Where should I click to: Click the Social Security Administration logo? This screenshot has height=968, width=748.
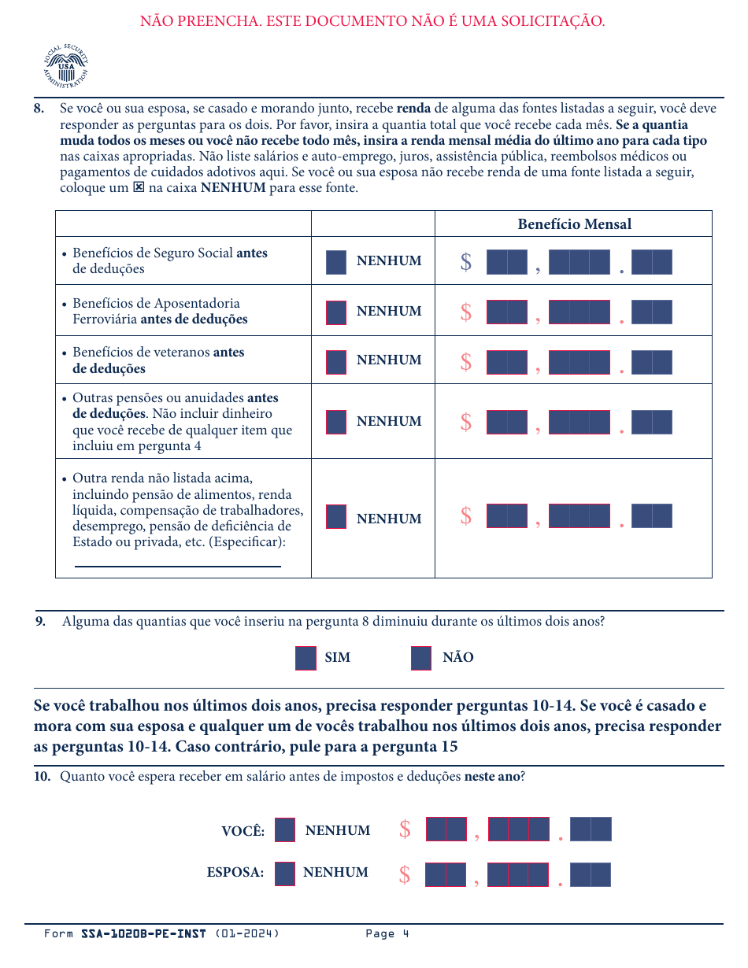coord(66,66)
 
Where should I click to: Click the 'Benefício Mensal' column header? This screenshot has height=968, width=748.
coord(574,224)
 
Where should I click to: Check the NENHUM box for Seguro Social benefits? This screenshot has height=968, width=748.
coord(336,262)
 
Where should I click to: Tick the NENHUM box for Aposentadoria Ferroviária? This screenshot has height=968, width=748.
coord(336,312)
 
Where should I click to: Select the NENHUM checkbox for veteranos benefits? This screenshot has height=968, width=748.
coord(336,362)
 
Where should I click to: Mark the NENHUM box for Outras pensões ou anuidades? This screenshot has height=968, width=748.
coord(336,422)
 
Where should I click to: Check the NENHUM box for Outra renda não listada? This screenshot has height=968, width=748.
coord(336,516)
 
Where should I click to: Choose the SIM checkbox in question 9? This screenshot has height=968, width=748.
coord(305,658)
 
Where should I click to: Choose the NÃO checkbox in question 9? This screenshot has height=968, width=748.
coord(421,658)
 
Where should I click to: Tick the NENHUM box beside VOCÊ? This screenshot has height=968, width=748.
coord(285,830)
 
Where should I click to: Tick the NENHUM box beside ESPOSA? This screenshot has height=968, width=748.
coord(285,874)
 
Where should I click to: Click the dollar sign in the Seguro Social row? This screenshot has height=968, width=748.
coord(466,262)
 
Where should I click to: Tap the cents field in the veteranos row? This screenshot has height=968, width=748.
coord(652,362)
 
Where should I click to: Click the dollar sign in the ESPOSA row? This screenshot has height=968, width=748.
coord(404,875)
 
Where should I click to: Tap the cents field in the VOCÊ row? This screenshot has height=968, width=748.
coord(591,829)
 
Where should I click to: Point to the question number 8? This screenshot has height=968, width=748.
coord(39,109)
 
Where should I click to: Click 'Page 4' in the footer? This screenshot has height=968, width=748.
coord(387,934)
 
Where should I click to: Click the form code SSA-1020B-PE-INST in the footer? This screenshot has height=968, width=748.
coord(143,934)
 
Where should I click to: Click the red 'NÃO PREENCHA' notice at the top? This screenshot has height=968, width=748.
coord(372,21)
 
